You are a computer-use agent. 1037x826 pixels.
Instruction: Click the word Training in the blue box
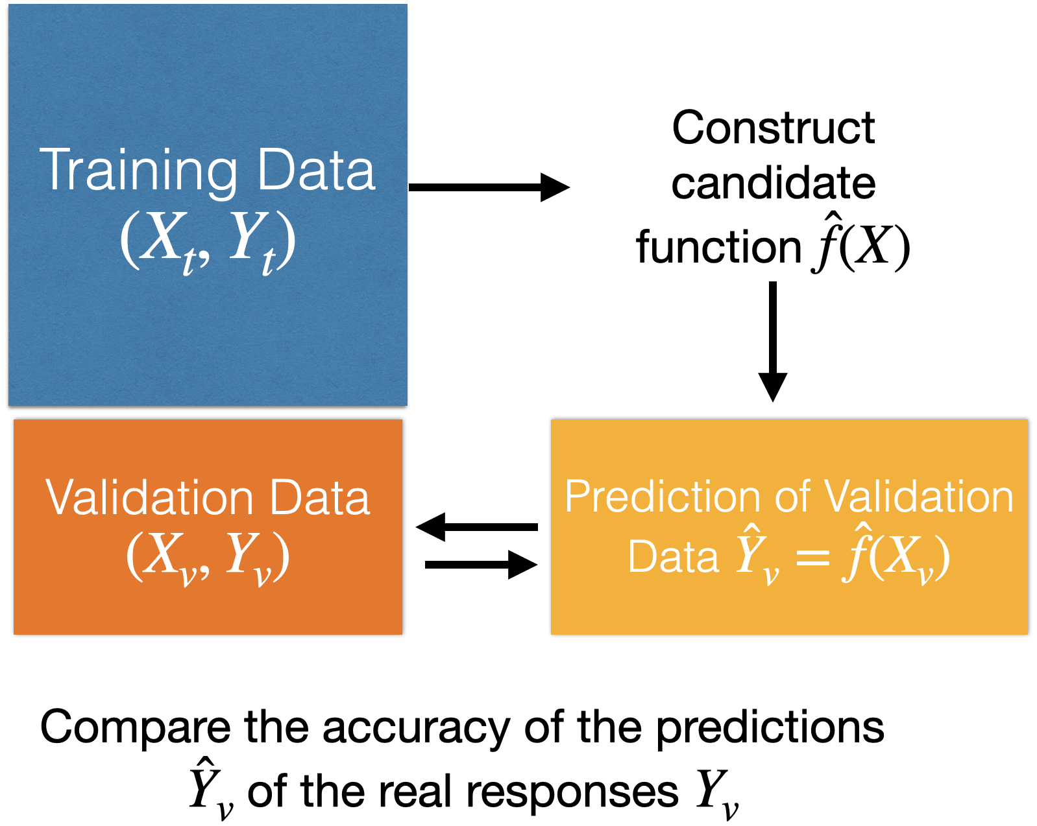(138, 171)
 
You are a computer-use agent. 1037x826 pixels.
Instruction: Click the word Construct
(773, 128)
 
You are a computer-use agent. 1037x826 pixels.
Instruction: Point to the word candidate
(773, 183)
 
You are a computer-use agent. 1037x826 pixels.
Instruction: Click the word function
(718, 248)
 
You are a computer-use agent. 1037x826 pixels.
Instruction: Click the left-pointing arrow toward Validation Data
(476, 526)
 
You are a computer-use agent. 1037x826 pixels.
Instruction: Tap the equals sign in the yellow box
(812, 557)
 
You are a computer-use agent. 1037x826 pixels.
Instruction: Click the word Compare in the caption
(135, 727)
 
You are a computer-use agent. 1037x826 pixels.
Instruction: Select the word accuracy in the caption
(416, 727)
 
